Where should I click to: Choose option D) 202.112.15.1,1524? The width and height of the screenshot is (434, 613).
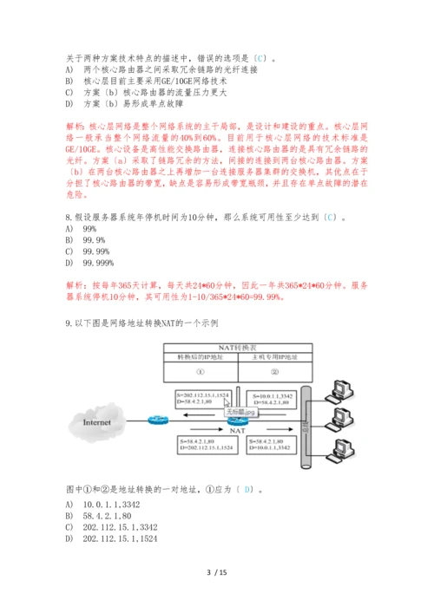pos(121,538)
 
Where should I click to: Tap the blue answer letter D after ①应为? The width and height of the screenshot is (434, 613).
pos(249,489)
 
